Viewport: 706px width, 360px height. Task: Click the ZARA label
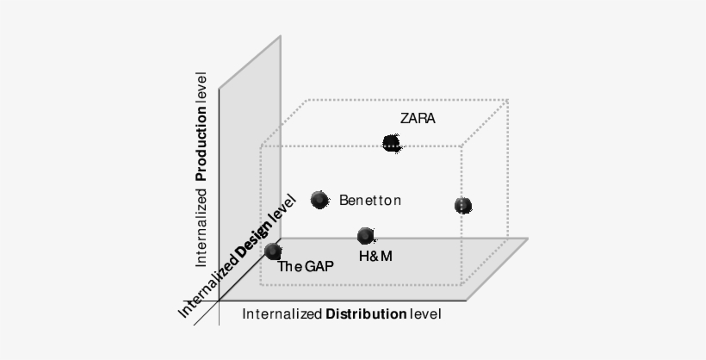[x=418, y=119]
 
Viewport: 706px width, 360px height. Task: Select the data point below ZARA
[x=392, y=143]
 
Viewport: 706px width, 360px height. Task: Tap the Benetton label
[x=370, y=201]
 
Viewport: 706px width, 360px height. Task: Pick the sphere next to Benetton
[x=319, y=201]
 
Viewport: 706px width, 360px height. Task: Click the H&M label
[x=375, y=256]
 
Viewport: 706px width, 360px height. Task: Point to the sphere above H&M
[x=366, y=235]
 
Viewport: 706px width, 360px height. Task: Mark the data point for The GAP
[x=274, y=251]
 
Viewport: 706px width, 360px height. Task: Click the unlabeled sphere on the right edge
[x=463, y=205]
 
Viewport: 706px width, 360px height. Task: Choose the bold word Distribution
[x=366, y=314]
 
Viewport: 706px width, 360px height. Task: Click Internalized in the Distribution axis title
[x=282, y=314]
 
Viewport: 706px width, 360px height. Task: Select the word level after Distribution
[x=425, y=314]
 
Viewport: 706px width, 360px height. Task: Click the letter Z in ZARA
[x=405, y=119]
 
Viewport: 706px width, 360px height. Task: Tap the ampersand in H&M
[x=375, y=256]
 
